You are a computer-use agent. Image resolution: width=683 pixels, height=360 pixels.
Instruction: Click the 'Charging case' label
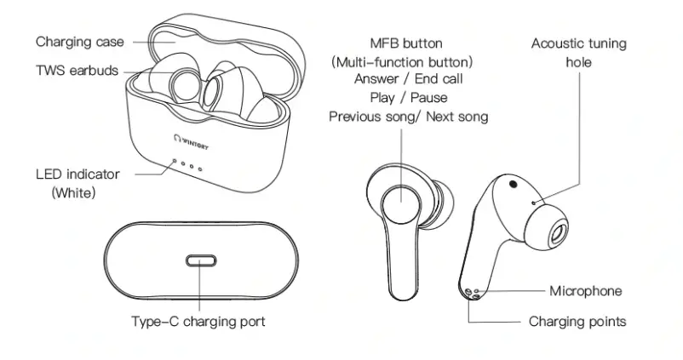79,42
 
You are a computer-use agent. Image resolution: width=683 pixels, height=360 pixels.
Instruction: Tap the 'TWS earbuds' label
77,71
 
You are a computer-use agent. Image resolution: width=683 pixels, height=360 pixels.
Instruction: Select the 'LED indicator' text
77,174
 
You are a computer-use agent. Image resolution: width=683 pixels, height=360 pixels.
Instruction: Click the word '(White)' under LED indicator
74,193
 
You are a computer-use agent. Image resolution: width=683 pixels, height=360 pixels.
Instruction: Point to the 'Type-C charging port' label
198,322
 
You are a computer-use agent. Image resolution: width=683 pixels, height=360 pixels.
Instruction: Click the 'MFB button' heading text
406,43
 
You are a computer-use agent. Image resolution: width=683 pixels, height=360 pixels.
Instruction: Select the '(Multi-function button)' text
402,62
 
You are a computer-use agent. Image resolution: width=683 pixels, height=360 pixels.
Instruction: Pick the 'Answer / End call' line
407,79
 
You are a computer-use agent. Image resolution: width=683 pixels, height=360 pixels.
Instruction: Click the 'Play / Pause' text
406,98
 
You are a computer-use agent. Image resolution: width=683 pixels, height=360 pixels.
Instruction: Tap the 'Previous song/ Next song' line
409,117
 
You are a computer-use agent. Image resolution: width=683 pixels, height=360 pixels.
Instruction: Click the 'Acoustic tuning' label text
578,43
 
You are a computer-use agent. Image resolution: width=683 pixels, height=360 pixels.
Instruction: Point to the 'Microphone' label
585,291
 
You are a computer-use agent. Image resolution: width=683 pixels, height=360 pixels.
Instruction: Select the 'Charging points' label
577,322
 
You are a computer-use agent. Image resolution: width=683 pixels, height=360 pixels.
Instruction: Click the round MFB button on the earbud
402,203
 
